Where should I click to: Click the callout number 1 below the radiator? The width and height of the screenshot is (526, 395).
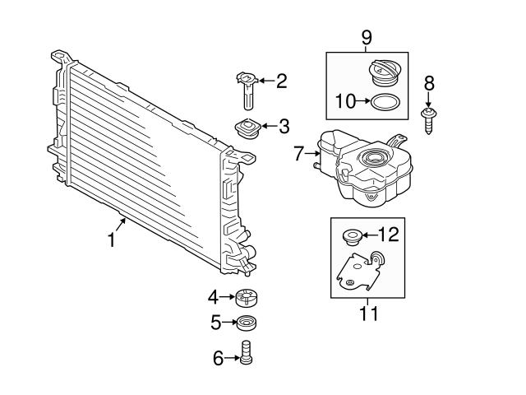click(111, 239)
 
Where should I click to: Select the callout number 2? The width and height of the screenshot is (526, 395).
click(281, 81)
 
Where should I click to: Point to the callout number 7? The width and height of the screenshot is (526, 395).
click(299, 152)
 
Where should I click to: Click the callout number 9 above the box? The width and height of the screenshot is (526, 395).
click(367, 38)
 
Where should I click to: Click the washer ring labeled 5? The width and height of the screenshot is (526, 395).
click(247, 322)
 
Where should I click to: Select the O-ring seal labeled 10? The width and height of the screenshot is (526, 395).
click(385, 102)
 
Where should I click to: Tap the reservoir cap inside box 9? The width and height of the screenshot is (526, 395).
click(385, 73)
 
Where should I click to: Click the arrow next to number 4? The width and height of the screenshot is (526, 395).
click(227, 297)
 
